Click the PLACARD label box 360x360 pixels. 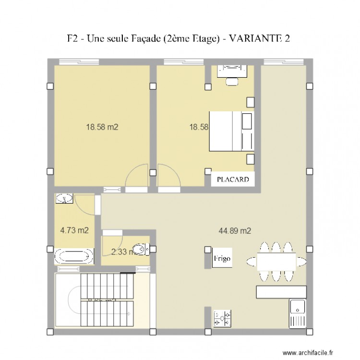coord(233,180)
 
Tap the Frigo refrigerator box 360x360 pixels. coord(223,259)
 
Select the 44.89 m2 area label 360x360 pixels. coord(235,231)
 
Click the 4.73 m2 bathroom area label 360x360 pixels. coord(74,230)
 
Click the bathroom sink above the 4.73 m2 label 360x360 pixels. coord(64,198)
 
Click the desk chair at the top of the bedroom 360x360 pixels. coord(232,81)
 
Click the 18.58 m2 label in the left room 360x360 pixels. coord(102,127)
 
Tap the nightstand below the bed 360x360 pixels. coord(250,159)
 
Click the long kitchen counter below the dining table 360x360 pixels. coord(281,292)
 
